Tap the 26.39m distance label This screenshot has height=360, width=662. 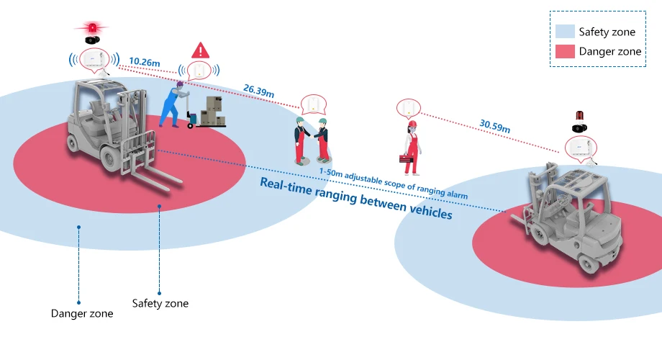click(x=259, y=91)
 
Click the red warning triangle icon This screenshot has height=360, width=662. click(x=200, y=50)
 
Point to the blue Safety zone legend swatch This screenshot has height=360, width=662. click(x=565, y=32)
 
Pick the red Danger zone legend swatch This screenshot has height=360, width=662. click(x=565, y=51)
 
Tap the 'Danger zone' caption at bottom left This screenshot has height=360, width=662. click(x=82, y=313)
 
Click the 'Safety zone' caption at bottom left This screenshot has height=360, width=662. click(x=160, y=303)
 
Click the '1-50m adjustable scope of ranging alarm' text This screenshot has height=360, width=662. click(x=393, y=182)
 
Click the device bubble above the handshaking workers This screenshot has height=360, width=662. click(x=313, y=104)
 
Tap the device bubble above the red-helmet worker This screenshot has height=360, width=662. click(x=407, y=108)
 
